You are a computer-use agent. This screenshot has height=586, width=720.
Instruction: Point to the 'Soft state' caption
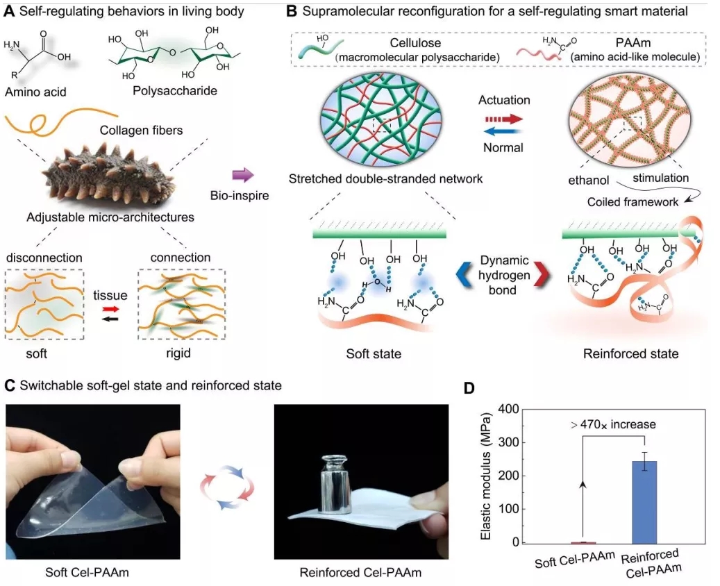(x=374, y=354)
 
